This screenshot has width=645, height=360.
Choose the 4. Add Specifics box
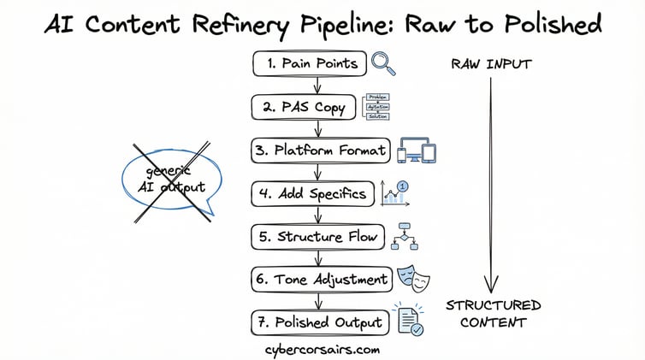(314, 193)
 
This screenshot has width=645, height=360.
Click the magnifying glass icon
(383, 64)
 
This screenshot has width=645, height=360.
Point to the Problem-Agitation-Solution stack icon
(382, 107)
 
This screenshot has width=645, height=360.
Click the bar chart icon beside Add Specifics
(394, 192)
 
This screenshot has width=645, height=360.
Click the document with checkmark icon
(408, 321)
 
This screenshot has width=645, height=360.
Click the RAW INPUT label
(490, 63)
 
